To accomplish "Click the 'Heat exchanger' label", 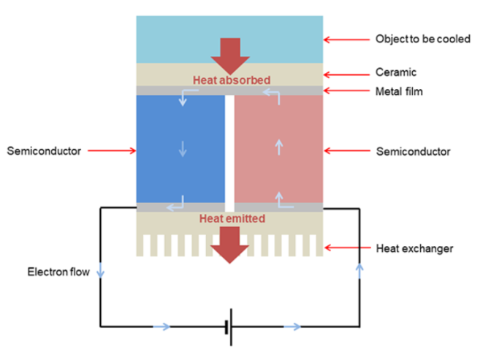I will [414, 248].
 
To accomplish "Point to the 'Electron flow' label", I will [58, 273].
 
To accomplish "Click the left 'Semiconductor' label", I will [45, 151].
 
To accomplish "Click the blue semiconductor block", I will [180, 149].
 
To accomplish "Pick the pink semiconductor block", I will [278, 149].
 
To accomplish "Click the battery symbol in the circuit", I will [229, 326].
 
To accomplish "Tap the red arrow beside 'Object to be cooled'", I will [346, 39].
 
